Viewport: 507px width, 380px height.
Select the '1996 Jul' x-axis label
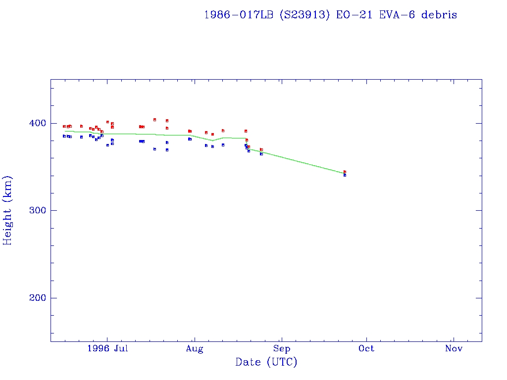coord(107,349)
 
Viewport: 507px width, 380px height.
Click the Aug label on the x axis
coord(195,349)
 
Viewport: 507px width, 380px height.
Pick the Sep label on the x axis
coord(282,349)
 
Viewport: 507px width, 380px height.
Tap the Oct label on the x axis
coord(367,349)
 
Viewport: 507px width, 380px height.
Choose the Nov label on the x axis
coord(454,349)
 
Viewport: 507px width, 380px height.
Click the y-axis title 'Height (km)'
coord(7,210)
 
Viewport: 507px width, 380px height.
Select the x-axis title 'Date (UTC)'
coord(266,362)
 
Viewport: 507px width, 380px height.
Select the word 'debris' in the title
coord(440,15)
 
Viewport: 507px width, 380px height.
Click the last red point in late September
coord(345,172)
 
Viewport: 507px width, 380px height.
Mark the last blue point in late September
coord(345,175)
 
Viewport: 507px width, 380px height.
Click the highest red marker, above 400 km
coord(155,120)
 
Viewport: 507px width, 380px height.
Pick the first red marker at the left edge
coord(64,126)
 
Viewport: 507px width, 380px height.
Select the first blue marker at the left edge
coord(64,136)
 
